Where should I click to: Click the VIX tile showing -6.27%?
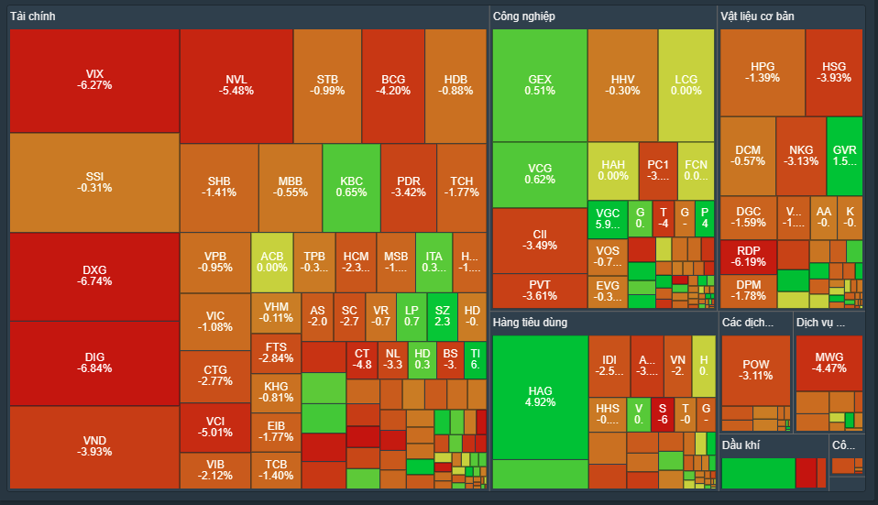94,80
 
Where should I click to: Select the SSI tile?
94,181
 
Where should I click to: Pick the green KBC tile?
351,187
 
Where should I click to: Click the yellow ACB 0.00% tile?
272,261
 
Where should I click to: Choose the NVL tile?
236,84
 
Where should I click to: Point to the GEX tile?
540,84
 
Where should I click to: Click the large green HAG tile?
540,397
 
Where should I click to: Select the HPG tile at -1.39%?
763,71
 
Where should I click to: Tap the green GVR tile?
844,155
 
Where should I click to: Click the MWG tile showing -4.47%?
829,362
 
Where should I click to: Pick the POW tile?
756,369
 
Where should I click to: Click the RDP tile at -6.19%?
748,255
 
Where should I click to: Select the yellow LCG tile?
686,84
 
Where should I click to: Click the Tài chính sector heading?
33,16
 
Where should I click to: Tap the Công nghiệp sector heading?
523,16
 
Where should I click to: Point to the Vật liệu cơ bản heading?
757,16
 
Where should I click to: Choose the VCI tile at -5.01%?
214,427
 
